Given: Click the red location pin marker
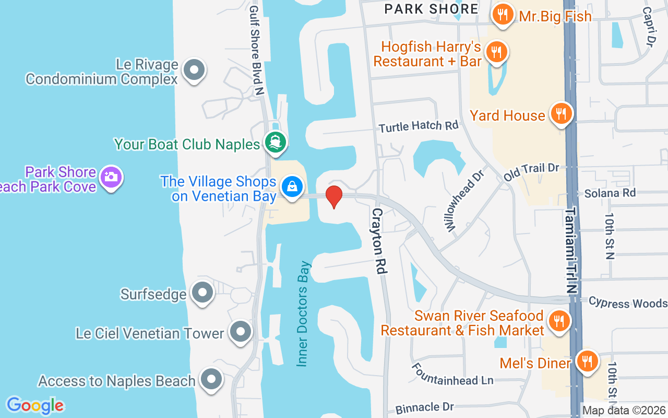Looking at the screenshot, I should pyautogui.click(x=334, y=196).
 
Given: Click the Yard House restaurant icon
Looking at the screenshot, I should pyautogui.click(x=561, y=113).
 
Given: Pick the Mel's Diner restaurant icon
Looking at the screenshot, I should pyautogui.click(x=587, y=361).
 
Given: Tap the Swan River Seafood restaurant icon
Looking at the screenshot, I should pyautogui.click(x=559, y=319).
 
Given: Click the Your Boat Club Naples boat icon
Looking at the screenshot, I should pyautogui.click(x=275, y=142).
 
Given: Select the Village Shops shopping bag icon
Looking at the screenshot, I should pyautogui.click(x=292, y=186).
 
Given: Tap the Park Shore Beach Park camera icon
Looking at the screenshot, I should pyautogui.click(x=111, y=177).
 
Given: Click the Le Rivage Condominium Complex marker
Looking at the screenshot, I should pyautogui.click(x=195, y=70).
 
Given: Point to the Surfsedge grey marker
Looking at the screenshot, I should pyautogui.click(x=202, y=293).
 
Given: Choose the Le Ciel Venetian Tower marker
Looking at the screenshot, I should pyautogui.click(x=241, y=332).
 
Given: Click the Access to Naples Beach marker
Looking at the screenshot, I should pyautogui.click(x=211, y=380).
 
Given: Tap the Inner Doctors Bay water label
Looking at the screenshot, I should pyautogui.click(x=303, y=313).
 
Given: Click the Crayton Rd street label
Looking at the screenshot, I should pyautogui.click(x=379, y=241).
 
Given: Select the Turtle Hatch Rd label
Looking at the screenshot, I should pyautogui.click(x=419, y=126).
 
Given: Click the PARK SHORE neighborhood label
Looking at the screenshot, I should pyautogui.click(x=431, y=9).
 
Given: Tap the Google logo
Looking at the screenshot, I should pyautogui.click(x=35, y=405).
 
